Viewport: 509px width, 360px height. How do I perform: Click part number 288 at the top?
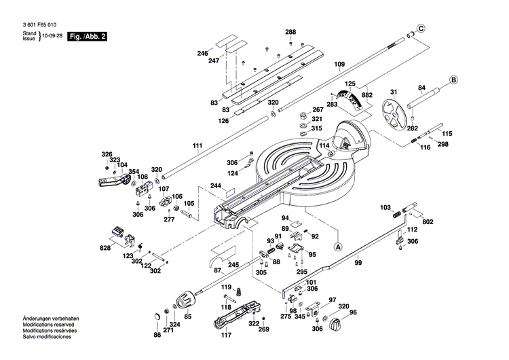[x=290, y=33]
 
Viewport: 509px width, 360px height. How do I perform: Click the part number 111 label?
[x=197, y=147]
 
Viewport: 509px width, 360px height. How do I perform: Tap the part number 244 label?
[x=216, y=185]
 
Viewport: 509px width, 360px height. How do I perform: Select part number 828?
[x=105, y=249]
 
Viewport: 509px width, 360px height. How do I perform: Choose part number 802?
[x=428, y=221]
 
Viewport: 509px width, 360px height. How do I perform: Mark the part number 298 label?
[x=442, y=145]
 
